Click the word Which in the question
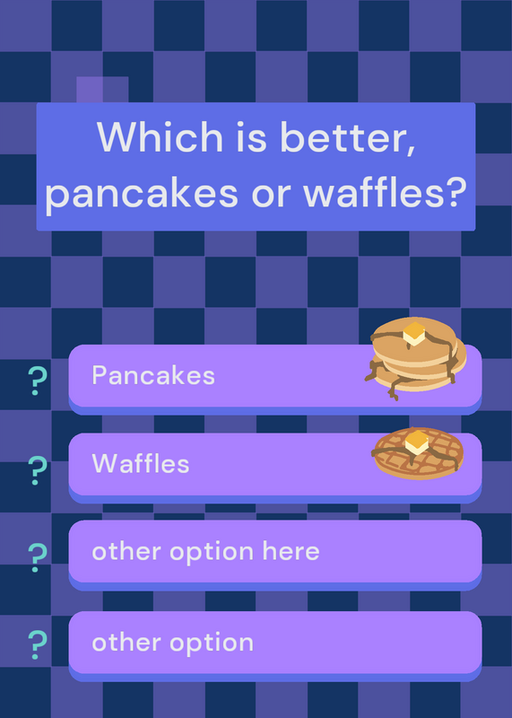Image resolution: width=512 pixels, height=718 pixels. pyautogui.click(x=160, y=136)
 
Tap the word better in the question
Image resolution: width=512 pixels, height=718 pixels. pyautogui.click(x=348, y=137)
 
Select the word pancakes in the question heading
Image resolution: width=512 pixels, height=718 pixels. pyautogui.click(x=142, y=193)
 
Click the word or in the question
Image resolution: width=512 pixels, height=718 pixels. pyautogui.click(x=271, y=195)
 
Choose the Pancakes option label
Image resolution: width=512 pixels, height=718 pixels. pyautogui.click(x=153, y=375)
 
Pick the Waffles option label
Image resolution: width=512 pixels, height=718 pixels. pyautogui.click(x=141, y=463)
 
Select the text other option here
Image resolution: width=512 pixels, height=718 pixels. pyautogui.click(x=205, y=552)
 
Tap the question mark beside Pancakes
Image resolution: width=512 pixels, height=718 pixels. pyautogui.click(x=37, y=381)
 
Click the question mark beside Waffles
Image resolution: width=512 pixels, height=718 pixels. pyautogui.click(x=37, y=470)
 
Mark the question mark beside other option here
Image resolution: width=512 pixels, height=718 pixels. pyautogui.click(x=37, y=557)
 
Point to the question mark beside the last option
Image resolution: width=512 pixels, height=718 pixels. pyautogui.click(x=37, y=644)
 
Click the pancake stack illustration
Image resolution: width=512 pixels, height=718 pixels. pyautogui.click(x=415, y=357)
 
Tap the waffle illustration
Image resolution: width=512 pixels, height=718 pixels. pyautogui.click(x=418, y=453)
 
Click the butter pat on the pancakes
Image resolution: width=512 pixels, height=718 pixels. pyautogui.click(x=414, y=334)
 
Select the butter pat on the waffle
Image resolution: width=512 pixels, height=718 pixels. pyautogui.click(x=417, y=442)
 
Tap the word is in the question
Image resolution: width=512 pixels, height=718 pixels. pyautogui.click(x=251, y=137)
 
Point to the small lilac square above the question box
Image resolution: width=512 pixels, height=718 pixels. pyautogui.click(x=102, y=90)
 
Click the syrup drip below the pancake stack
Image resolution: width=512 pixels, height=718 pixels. pyautogui.click(x=394, y=390)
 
